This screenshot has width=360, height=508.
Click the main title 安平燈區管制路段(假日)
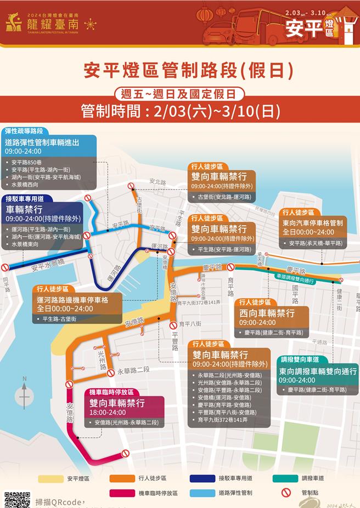(181, 70)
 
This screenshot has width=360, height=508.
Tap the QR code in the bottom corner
(17, 500)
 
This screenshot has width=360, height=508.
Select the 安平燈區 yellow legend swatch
(51, 479)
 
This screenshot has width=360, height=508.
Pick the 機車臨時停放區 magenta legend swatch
(122, 493)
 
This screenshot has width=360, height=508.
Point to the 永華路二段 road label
(133, 371)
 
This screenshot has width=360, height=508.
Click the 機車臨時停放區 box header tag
(111, 392)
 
